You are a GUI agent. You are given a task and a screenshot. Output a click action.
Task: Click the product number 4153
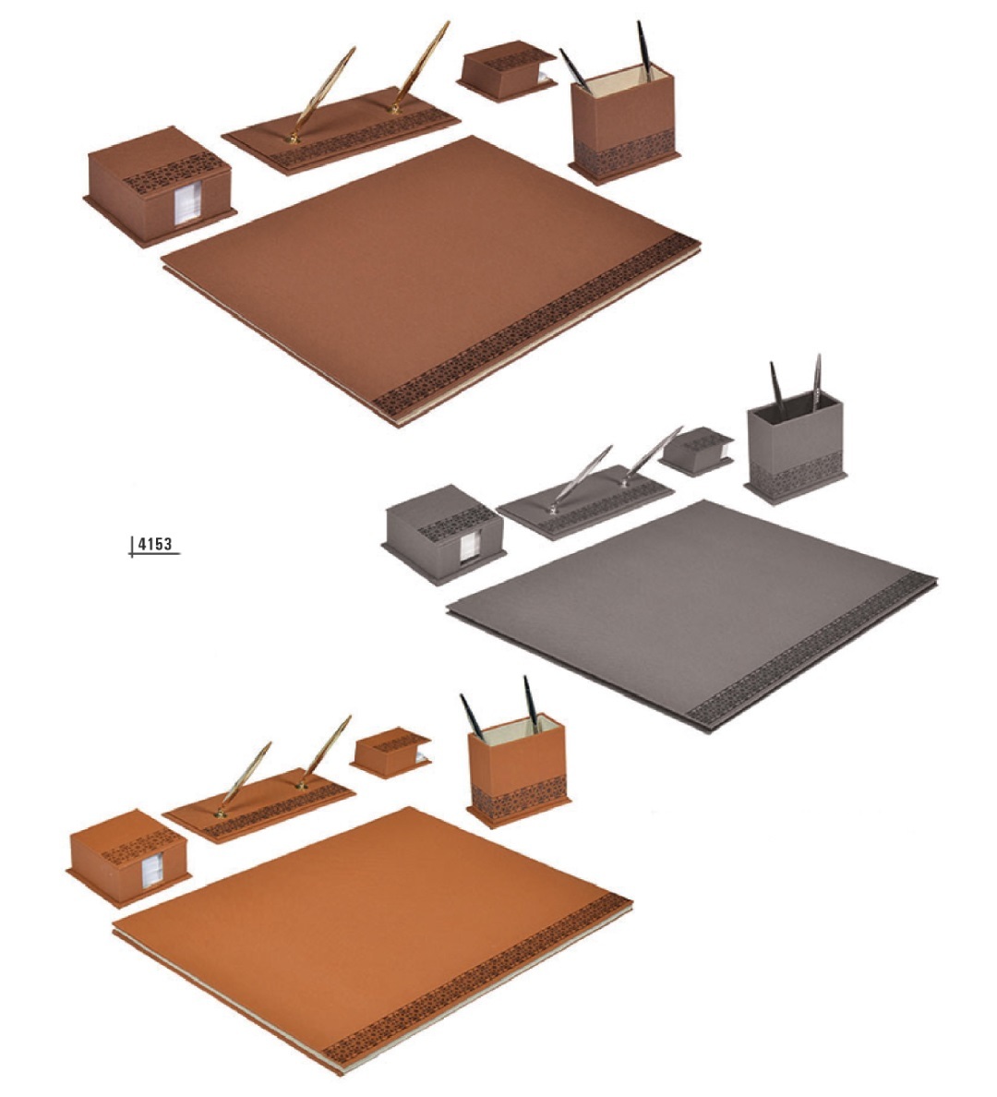coord(154,544)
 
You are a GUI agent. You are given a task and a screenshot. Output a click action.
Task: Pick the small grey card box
coord(697,452)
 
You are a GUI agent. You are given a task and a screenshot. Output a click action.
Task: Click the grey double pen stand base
coord(585,500)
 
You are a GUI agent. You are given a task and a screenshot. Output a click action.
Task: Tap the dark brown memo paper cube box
coord(161,186)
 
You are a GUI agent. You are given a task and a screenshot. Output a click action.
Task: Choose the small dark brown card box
coord(507,71)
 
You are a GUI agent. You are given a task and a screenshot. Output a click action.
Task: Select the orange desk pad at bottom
coord(373,938)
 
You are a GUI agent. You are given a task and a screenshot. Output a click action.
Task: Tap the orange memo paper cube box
coord(129,859)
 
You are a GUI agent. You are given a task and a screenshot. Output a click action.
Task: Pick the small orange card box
coord(390,752)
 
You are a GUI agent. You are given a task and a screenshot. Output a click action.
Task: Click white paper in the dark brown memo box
coord(187,203)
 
